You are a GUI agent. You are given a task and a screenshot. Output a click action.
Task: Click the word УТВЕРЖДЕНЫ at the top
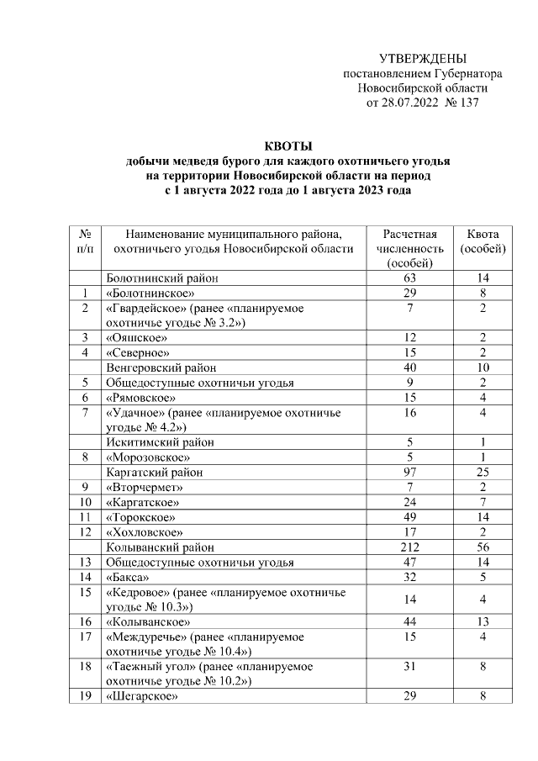pos(422,58)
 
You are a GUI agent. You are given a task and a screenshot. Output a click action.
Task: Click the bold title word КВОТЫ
pos(287,145)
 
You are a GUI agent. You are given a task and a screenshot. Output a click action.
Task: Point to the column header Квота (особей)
pos(483,241)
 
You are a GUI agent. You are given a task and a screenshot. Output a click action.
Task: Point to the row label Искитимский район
pos(160,441)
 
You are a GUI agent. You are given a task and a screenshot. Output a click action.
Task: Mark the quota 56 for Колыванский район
pos(483,547)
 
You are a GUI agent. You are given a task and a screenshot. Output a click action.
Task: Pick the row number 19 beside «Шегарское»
pos(85,697)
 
